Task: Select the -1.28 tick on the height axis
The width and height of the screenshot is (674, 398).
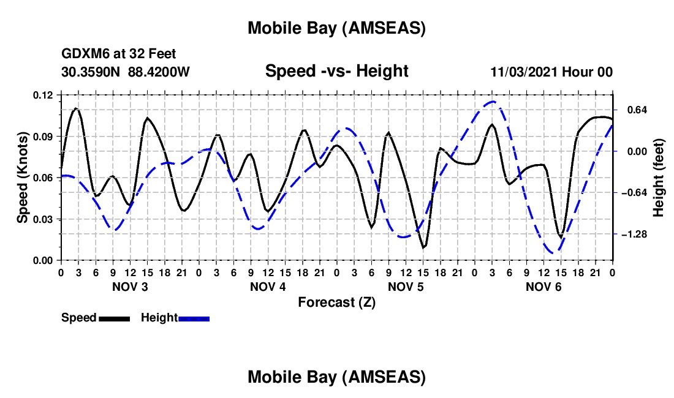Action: click(634, 235)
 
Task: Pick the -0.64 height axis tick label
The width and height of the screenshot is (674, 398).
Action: click(634, 193)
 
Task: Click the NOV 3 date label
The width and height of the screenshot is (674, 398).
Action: click(129, 287)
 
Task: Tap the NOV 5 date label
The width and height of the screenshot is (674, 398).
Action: click(405, 287)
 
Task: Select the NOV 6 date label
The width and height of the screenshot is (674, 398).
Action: click(543, 287)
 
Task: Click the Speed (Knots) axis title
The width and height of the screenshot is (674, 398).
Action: click(22, 177)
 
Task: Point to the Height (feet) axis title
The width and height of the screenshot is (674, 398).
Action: click(659, 177)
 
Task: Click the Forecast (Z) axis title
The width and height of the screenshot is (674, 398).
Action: click(336, 302)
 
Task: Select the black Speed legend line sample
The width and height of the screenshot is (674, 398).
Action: click(114, 318)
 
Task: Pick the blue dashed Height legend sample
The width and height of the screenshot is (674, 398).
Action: click(194, 318)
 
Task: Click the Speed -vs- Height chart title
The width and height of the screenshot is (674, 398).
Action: click(336, 71)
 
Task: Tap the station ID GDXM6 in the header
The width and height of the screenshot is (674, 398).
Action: click(82, 54)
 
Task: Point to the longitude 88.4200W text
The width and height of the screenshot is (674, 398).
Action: click(159, 72)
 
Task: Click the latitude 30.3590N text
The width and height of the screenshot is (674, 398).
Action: click(92, 72)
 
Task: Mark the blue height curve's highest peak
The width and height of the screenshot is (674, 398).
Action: click(493, 102)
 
